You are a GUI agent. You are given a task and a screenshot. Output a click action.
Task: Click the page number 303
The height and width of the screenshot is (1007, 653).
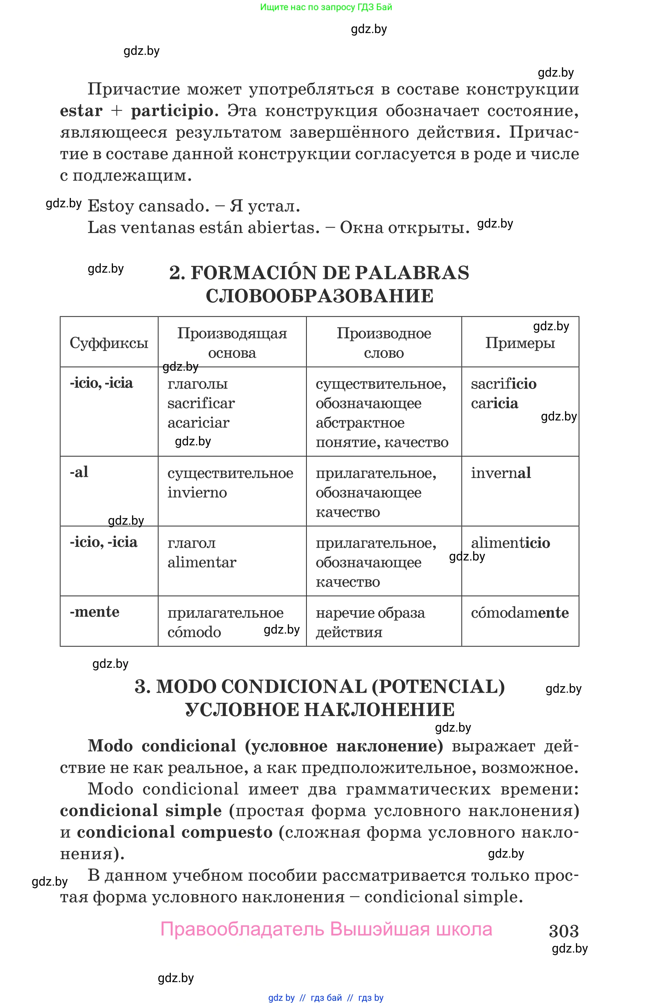coord(563,931)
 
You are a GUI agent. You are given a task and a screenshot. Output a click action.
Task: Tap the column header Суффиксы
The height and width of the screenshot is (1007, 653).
coord(109,343)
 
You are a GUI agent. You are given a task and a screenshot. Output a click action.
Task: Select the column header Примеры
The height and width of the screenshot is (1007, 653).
coord(519,343)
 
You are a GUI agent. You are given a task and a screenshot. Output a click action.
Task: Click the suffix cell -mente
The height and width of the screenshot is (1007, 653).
coord(95,612)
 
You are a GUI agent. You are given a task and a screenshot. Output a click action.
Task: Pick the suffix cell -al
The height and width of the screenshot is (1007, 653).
coord(79,472)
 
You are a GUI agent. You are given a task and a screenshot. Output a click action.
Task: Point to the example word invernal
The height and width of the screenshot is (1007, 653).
coord(500,473)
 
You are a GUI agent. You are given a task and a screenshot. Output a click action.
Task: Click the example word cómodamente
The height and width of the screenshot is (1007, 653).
coord(519,613)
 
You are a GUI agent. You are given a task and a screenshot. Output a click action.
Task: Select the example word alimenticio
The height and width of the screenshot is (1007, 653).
coord(510,543)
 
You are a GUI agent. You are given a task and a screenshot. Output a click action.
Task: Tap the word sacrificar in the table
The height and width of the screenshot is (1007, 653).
coord(201,403)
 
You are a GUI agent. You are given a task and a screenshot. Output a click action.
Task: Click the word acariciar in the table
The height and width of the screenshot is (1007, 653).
coord(198,423)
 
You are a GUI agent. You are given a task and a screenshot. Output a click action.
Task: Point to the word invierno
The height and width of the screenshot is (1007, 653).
coord(197,492)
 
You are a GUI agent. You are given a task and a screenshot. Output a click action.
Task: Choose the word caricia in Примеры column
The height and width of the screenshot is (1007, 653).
coord(494,403)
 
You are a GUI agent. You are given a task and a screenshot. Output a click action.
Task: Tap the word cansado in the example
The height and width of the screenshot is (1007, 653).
coord(174,206)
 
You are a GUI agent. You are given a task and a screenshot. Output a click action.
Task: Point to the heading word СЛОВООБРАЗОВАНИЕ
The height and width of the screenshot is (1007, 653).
coord(319,296)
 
